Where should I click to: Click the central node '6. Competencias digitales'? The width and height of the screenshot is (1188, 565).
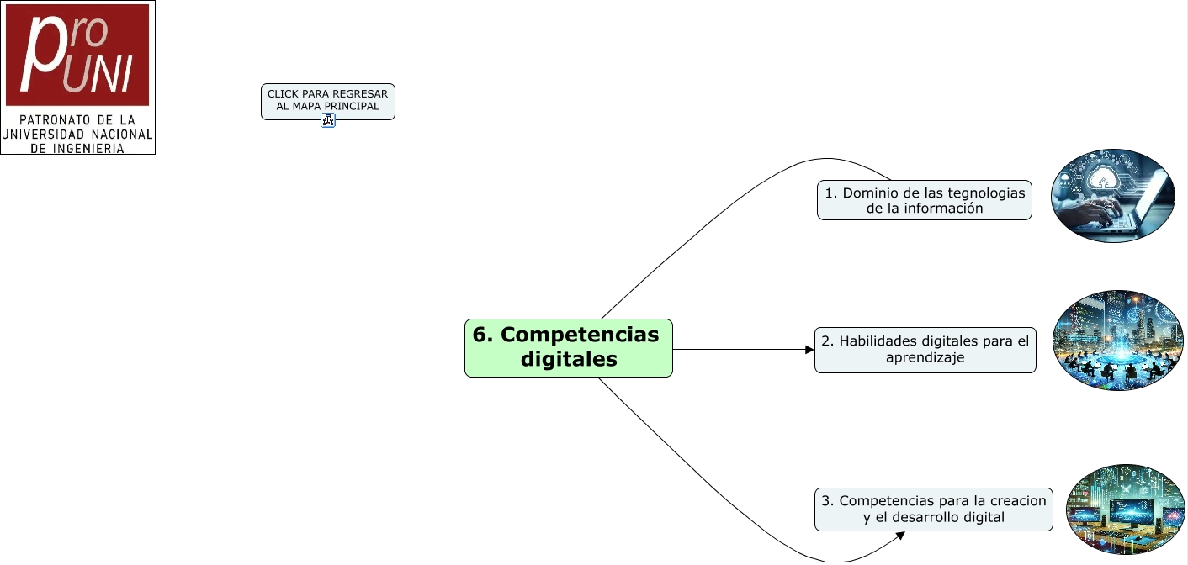pos(569,348)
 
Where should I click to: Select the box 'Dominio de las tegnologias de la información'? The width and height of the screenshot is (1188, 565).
pos(925,200)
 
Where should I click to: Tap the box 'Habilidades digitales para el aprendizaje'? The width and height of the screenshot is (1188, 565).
pos(925,350)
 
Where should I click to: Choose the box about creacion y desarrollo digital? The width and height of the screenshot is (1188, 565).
pos(933,510)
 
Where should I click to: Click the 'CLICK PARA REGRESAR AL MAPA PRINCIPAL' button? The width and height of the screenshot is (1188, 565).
pos(328,101)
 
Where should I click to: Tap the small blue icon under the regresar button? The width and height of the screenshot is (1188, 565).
pos(328,121)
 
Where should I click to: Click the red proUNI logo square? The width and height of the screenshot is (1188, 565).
pos(77,55)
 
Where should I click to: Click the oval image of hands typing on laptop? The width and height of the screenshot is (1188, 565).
pos(1112,196)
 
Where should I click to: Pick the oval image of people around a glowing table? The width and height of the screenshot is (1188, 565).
pos(1118,341)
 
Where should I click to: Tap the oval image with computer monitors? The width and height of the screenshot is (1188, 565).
pos(1126,510)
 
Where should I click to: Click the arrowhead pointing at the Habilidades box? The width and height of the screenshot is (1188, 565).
pos(809,349)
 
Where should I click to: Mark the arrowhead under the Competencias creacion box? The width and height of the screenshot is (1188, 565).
pos(900,536)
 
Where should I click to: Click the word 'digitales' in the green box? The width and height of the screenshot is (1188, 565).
pos(569,359)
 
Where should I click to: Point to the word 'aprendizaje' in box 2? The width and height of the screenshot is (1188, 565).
pos(925,358)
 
